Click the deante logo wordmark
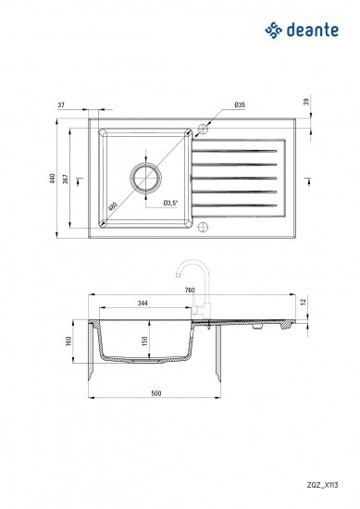click(x=313, y=31)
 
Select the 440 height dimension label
click(x=52, y=179)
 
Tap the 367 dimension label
click(x=66, y=179)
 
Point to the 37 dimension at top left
click(x=61, y=106)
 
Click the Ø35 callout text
click(x=240, y=105)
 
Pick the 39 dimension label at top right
click(x=306, y=102)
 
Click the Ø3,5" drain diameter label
click(x=171, y=204)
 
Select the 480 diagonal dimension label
click(x=113, y=206)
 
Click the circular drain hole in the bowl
click(x=145, y=178)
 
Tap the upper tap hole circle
click(x=203, y=129)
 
